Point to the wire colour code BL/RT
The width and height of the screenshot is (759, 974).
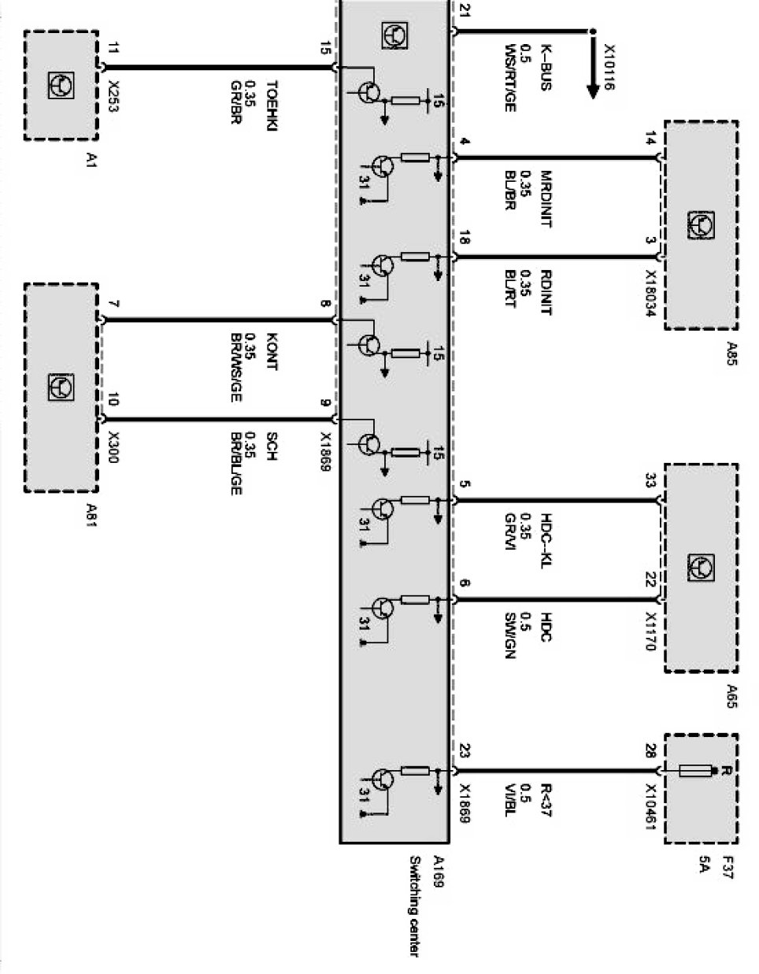509,288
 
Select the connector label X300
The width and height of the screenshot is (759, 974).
113,445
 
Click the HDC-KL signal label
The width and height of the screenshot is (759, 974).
546,539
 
